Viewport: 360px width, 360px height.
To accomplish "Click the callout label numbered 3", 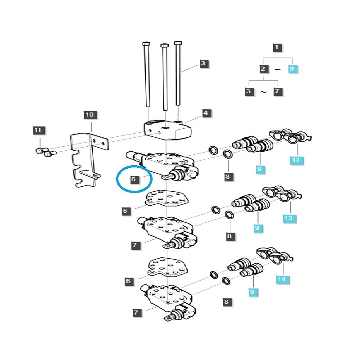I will [x=202, y=63].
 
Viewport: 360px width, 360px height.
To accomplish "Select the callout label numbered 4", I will [x=206, y=113].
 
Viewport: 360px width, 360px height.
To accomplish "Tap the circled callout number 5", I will [x=133, y=180].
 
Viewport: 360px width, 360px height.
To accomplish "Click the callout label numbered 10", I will [x=90, y=115].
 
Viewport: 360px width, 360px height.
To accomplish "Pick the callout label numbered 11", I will [x=38, y=130].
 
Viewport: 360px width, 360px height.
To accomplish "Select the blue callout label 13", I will [x=288, y=218].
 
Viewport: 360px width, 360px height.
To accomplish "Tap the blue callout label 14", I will [x=281, y=279].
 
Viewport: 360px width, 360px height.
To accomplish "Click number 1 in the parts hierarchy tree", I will [x=277, y=47].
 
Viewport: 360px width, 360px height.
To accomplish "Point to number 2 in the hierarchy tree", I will [x=263, y=69].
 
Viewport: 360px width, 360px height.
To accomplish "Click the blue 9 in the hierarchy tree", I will [x=292, y=69].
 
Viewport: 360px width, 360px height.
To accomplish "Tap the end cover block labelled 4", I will [x=169, y=129].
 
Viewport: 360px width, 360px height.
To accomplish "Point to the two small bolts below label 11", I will [x=44, y=152].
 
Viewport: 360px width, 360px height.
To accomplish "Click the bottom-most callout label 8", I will [x=226, y=302].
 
